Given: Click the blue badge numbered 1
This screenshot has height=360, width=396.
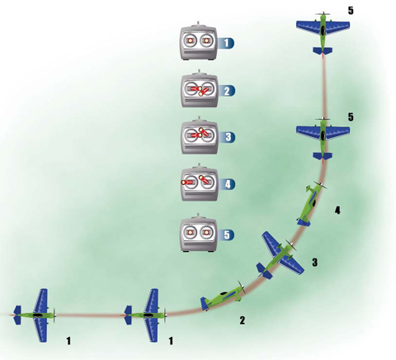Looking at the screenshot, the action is click(226, 43).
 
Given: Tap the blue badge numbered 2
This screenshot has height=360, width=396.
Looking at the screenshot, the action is click(227, 91).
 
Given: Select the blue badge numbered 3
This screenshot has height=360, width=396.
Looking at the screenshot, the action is click(228, 137).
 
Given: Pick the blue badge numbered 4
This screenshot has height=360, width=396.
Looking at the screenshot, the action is click(228, 184).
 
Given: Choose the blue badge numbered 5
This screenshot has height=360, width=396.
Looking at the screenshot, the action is click(227, 234).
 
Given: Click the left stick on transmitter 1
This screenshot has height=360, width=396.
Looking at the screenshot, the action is click(191, 40).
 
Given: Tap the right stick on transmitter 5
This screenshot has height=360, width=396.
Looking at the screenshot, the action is click(205, 233).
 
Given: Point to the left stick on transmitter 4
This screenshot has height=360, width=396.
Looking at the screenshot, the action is click(187, 182).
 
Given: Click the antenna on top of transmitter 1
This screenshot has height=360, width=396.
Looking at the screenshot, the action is click(199, 23).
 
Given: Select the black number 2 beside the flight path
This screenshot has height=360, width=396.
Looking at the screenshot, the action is click(242, 320).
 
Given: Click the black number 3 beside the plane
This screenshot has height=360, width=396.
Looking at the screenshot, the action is click(314, 263).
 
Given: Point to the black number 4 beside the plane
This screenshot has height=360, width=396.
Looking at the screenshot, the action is click(337, 211).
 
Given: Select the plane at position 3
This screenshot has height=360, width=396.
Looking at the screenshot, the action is click(280, 253).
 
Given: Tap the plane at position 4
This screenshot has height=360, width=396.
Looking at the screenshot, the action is click(311, 204).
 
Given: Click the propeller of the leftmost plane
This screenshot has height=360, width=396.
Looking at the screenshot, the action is click(54, 315).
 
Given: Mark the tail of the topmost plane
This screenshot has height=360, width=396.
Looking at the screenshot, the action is click(323, 51).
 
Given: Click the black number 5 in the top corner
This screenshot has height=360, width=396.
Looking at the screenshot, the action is click(351, 11).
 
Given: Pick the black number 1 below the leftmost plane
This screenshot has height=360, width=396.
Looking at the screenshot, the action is click(68, 341).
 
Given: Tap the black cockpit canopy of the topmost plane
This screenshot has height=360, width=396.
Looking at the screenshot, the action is click(323, 31).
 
